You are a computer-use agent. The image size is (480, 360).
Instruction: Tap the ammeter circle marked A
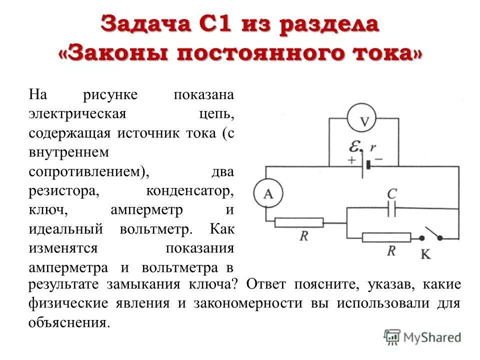268,194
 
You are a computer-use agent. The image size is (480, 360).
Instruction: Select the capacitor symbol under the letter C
391,209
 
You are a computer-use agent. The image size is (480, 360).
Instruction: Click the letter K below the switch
425,254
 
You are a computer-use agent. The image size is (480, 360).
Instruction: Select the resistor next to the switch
386,237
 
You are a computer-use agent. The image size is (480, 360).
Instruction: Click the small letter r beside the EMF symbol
372,148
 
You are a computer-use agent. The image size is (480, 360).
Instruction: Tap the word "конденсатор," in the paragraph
190,191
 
